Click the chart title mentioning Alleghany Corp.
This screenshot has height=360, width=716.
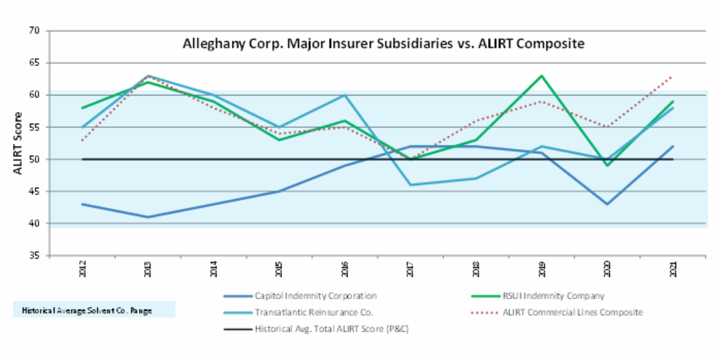pos(382,45)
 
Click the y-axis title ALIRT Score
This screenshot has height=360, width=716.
pos(18,143)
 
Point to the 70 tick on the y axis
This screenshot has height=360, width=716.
pos(35,31)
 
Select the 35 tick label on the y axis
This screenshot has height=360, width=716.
pos(35,255)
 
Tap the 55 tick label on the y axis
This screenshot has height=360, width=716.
pos(35,127)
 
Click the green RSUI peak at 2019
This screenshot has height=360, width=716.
pos(542,76)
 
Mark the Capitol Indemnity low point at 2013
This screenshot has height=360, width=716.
pos(148,217)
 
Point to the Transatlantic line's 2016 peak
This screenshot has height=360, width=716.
pos(345,95)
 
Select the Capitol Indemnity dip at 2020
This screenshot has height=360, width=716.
pos(607,204)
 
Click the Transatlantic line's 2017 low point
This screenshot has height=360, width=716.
pos(410,185)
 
